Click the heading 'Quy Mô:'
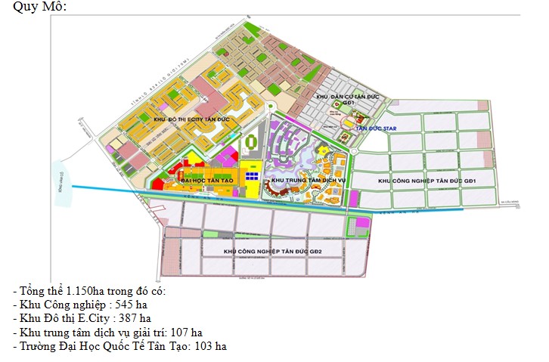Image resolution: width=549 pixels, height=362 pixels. pyautogui.click(x=39, y=7)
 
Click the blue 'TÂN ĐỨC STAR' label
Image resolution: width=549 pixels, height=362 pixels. pyautogui.click(x=376, y=128)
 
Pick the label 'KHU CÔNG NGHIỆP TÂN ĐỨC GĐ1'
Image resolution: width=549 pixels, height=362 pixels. pyautogui.click(x=426, y=181)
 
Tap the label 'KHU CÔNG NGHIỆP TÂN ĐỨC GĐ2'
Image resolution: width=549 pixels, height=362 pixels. pyautogui.click(x=273, y=250)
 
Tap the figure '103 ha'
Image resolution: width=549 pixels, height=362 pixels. pyautogui.click(x=209, y=346)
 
